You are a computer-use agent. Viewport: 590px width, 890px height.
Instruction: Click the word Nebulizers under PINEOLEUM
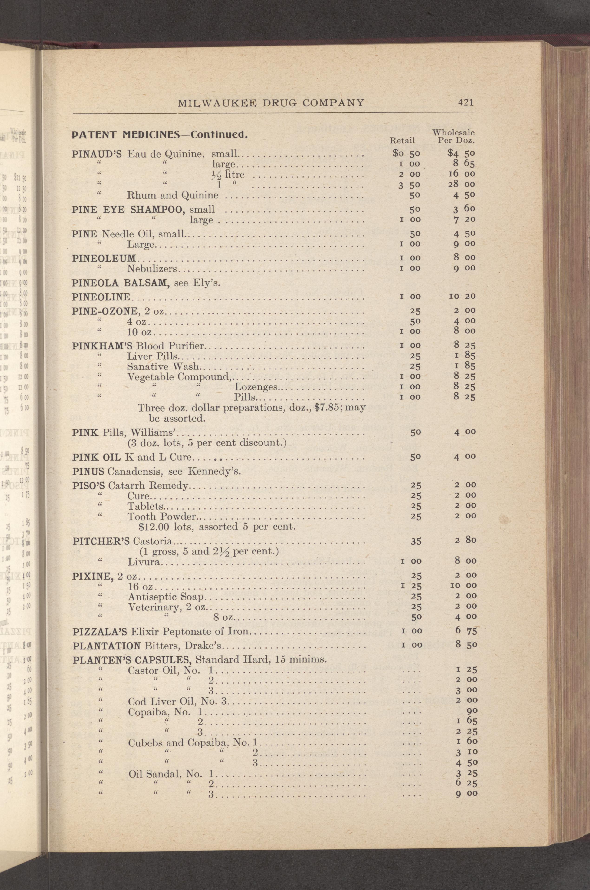click(x=152, y=269)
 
